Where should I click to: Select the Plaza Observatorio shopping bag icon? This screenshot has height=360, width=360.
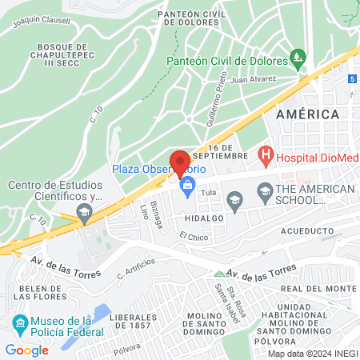click(187, 188)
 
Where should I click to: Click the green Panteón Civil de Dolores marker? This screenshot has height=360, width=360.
click(298, 58)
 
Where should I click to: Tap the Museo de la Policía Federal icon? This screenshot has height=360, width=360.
click(20, 324)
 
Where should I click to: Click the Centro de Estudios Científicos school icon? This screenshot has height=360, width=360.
click(83, 211)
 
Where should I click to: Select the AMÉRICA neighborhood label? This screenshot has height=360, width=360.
click(307, 114)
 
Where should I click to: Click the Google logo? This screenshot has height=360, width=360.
click(26, 350)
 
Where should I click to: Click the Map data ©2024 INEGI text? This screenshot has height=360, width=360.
click(311, 354)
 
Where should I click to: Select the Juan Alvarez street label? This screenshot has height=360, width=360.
click(253, 79)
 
